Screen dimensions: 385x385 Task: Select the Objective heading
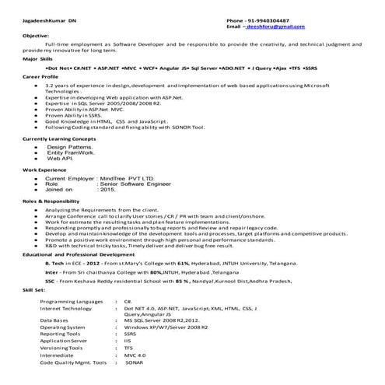tap(36, 36)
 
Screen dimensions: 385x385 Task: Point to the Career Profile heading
tap(41, 78)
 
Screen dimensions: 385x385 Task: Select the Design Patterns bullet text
tap(71, 146)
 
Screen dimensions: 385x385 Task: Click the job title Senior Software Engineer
tap(141, 184)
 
